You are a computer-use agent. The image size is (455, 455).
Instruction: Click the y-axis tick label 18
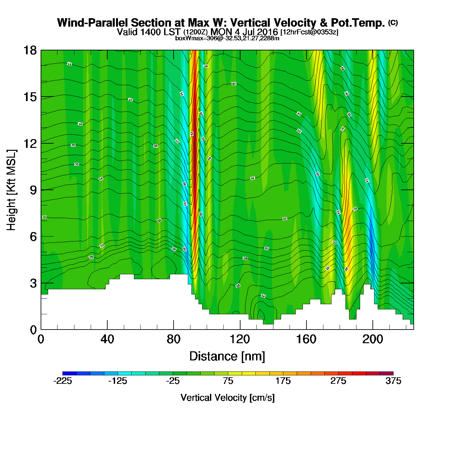[x=30, y=50]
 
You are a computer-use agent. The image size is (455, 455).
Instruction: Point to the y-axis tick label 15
[x=30, y=97]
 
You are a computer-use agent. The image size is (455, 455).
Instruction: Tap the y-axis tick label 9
[x=33, y=190]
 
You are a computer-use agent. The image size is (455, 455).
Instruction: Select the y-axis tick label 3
[x=33, y=283]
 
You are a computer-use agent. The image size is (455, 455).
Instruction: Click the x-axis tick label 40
[x=107, y=339]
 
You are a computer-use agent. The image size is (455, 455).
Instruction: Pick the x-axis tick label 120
[x=240, y=339]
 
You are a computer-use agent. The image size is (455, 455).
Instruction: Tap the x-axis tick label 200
[x=372, y=339]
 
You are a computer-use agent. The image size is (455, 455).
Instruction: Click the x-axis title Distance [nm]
[x=227, y=356]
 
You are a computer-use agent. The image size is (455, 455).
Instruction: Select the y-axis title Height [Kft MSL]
[x=11, y=190]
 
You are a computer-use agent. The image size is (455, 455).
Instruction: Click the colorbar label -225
[x=62, y=381]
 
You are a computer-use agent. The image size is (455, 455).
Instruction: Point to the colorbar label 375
[x=393, y=381]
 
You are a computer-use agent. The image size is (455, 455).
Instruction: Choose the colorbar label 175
[x=283, y=381]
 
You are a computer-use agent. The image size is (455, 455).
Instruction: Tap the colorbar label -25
[x=173, y=381]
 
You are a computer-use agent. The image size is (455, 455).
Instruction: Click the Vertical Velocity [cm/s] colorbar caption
[x=227, y=397]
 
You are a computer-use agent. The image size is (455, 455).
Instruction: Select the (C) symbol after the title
[x=393, y=22]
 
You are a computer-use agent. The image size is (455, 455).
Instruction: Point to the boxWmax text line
[x=227, y=38]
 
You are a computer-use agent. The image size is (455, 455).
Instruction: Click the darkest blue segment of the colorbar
[x=69, y=373]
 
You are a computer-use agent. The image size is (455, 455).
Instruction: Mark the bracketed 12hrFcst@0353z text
[x=309, y=32]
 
